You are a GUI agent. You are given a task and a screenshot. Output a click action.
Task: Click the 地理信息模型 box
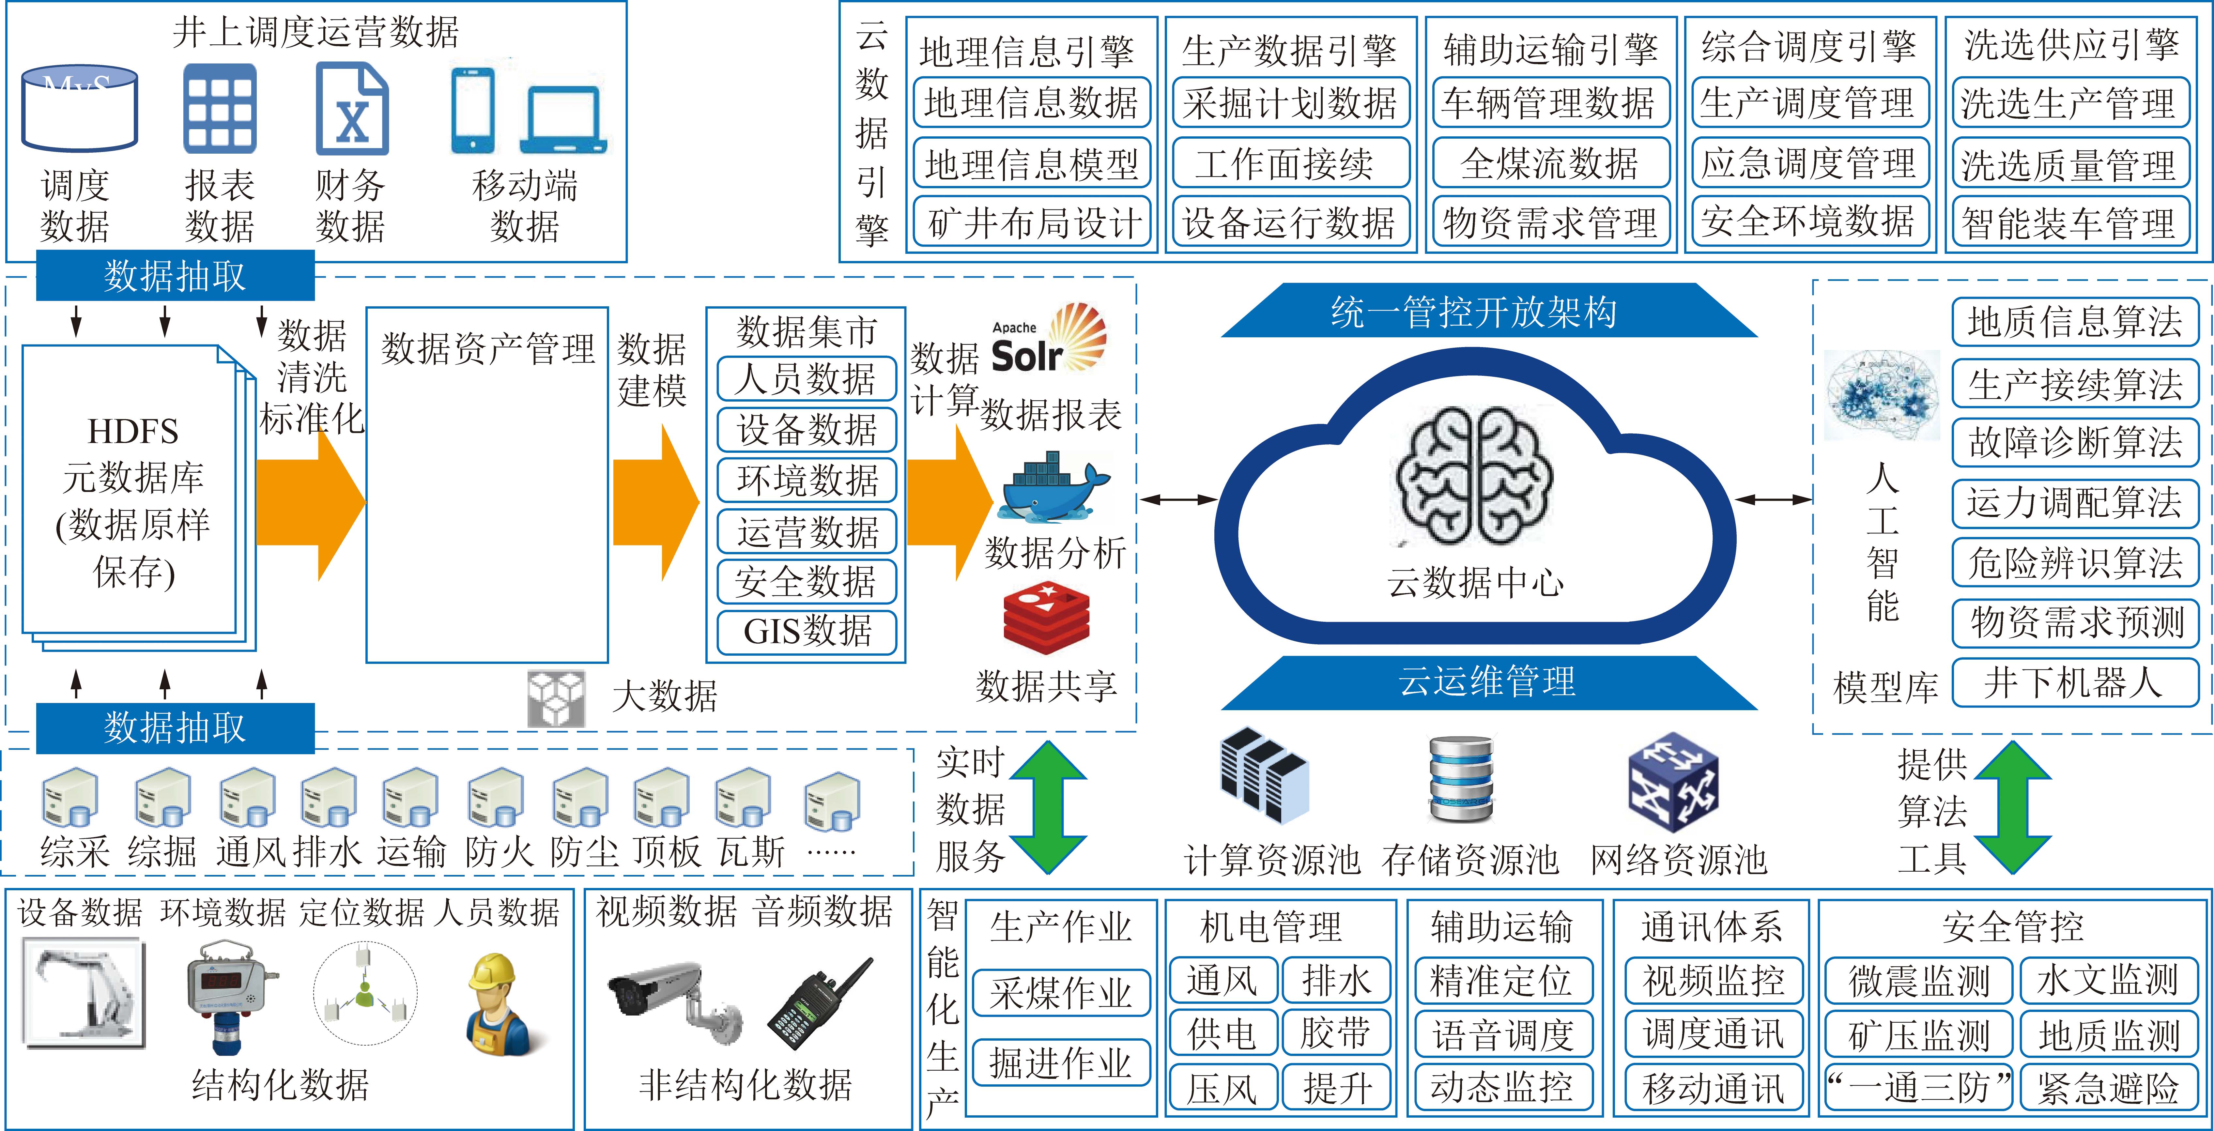1031,162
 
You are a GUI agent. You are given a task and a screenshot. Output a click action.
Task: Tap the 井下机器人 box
2075,682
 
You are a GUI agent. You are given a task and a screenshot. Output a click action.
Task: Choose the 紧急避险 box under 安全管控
2107,1087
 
